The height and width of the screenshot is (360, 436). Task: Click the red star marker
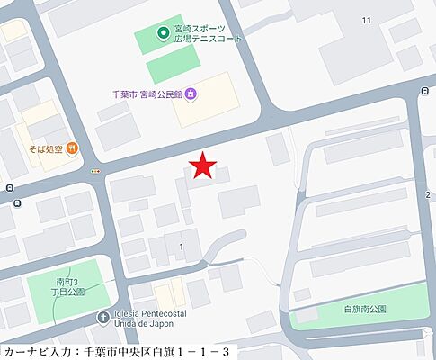(204, 166)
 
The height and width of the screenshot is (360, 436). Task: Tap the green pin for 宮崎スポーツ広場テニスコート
(164, 35)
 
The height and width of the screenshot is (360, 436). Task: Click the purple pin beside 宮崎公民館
(194, 93)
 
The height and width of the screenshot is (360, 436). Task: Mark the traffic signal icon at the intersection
(94, 170)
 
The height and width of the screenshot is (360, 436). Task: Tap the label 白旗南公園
(365, 309)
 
